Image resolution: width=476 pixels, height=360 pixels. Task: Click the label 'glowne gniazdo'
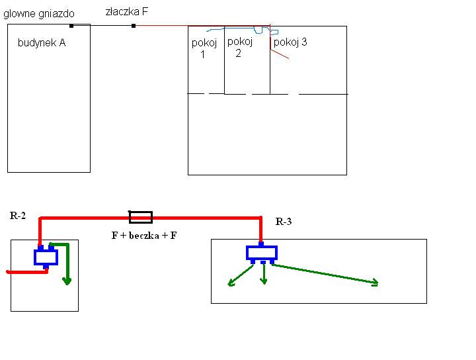tap(39, 14)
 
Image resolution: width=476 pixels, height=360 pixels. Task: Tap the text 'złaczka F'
tap(126, 12)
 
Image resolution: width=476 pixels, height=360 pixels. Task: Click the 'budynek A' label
tap(42, 43)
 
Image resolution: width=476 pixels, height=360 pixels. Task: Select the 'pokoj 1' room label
tap(204, 48)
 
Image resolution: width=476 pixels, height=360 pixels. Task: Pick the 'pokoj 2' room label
tap(240, 47)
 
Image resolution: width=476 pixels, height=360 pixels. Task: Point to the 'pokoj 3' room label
tap(290, 42)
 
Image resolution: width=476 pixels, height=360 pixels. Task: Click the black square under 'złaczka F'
tap(134, 26)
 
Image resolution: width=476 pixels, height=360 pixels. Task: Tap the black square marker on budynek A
tap(71, 26)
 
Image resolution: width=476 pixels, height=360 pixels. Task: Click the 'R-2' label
tap(18, 216)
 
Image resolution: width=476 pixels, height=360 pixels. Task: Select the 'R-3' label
tap(284, 222)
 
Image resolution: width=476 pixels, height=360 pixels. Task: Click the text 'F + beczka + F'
tap(144, 236)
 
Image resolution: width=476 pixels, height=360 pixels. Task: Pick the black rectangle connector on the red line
tap(141, 217)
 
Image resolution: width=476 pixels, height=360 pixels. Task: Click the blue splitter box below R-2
tap(46, 257)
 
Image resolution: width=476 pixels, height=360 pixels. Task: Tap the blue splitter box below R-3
tap(262, 253)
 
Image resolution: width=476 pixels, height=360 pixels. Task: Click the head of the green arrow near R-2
tap(67, 281)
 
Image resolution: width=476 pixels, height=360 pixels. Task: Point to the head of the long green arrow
tap(376, 283)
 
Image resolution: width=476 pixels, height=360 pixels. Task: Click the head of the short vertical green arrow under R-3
tap(264, 281)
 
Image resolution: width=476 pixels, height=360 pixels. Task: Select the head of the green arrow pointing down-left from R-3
tap(231, 283)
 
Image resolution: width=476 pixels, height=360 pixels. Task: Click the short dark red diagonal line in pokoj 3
tap(280, 54)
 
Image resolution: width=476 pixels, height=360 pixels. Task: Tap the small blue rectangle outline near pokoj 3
tap(274, 32)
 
